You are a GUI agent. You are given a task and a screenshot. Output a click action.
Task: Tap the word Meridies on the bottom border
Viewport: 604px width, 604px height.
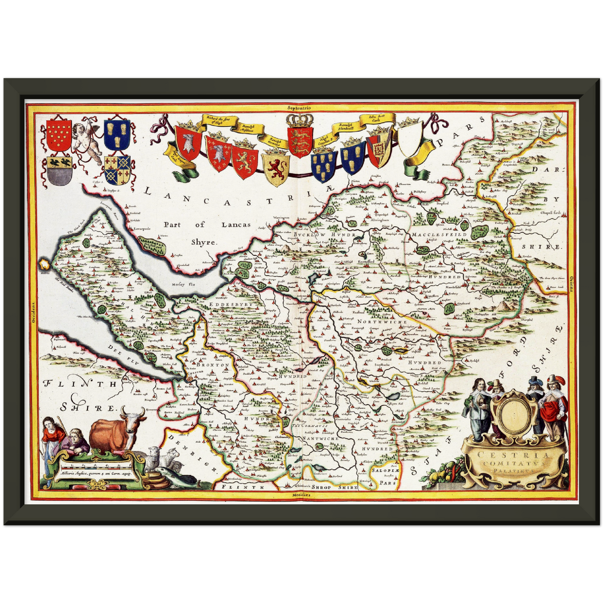[301, 495]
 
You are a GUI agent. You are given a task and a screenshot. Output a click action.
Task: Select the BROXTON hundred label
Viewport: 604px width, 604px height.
[215, 365]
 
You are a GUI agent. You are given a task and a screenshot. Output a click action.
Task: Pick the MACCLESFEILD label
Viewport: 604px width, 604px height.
[433, 235]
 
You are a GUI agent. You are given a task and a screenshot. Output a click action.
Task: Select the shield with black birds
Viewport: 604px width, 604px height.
[59, 170]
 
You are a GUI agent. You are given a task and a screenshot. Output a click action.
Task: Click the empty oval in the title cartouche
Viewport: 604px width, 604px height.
[513, 412]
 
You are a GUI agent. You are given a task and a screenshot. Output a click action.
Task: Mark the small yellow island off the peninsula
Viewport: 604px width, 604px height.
[44, 264]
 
